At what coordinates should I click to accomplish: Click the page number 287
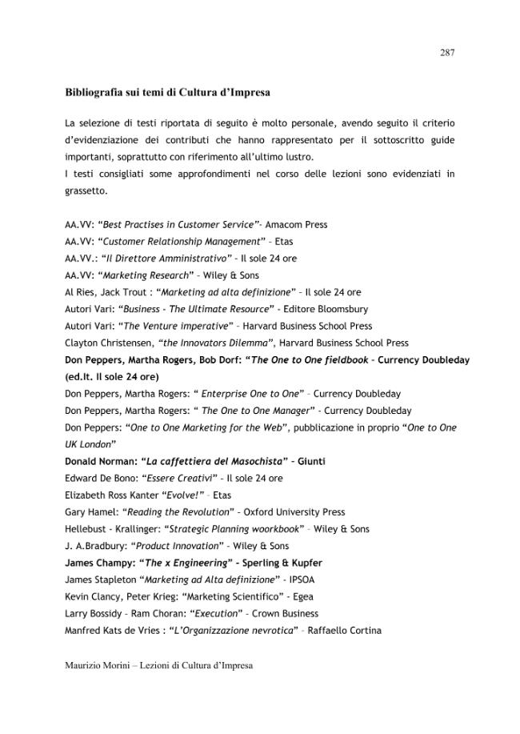(447, 53)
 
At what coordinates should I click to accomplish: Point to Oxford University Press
(294, 512)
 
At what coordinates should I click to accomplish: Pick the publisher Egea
(302, 597)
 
